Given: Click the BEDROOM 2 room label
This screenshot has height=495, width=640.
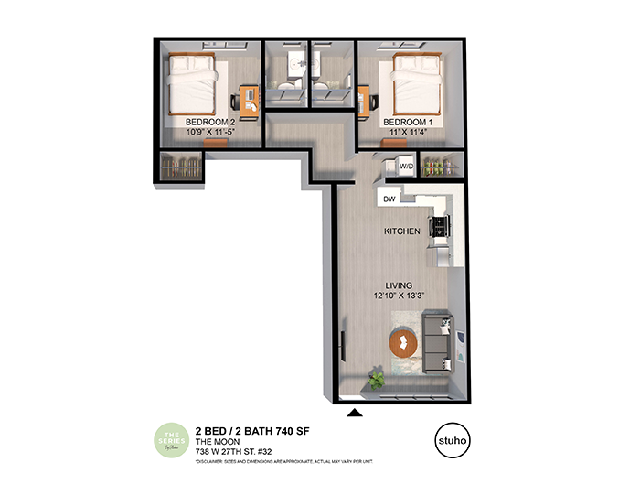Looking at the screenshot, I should pos(211,121).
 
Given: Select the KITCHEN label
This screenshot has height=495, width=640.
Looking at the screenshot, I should pos(401,231).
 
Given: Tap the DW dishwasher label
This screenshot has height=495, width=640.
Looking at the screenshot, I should pos(389,198).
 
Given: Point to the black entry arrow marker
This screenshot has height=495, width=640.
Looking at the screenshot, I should pos(356,413).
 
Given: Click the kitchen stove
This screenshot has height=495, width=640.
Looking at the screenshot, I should pos(443,225).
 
